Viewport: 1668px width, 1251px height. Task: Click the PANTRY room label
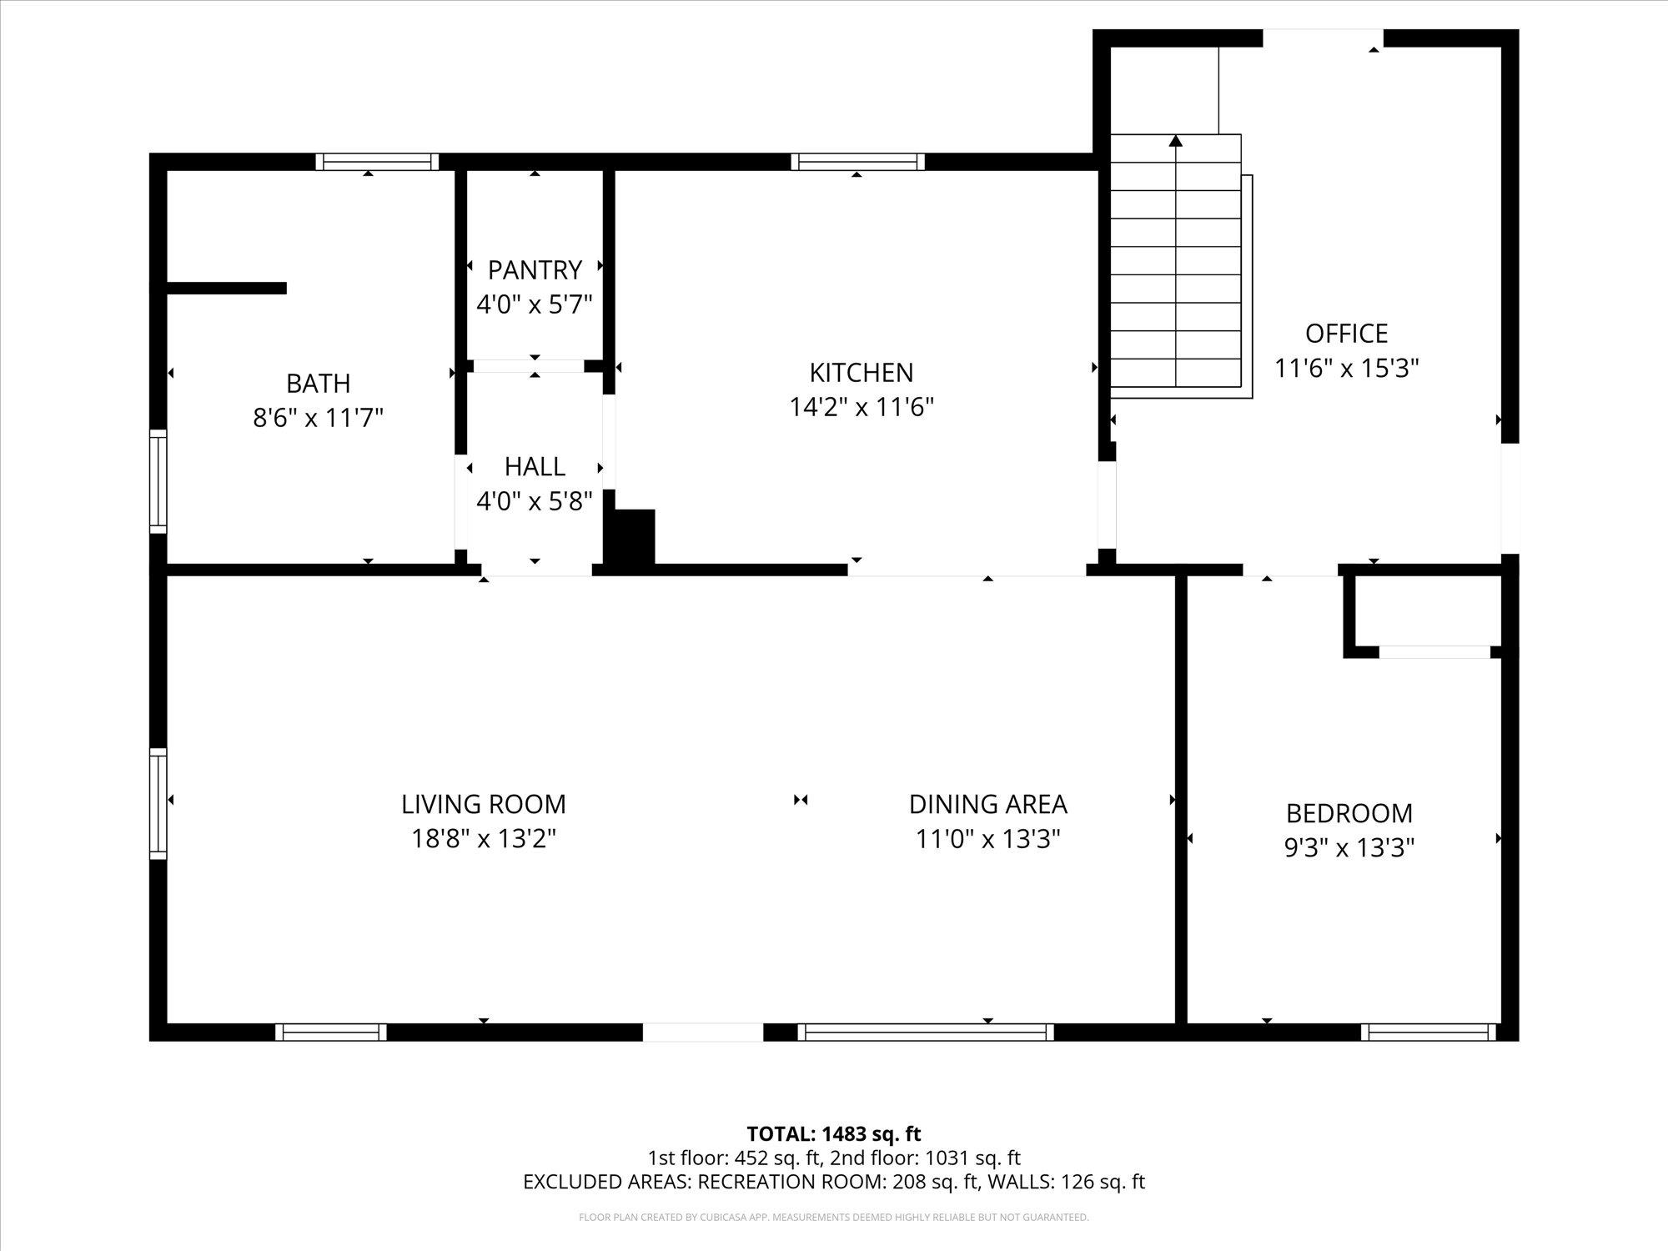[535, 270]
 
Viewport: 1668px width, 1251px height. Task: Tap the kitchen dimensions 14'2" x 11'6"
[862, 407]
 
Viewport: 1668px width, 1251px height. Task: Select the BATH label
[318, 384]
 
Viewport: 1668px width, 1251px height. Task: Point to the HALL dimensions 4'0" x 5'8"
[535, 501]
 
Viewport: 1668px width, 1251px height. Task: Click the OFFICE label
[1346, 334]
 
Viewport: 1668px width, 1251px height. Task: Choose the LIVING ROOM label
[484, 804]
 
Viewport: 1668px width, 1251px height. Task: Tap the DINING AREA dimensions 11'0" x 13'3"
[987, 839]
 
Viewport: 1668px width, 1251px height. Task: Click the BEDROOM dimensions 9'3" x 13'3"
[1349, 848]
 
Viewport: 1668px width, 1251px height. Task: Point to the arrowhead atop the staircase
[1176, 141]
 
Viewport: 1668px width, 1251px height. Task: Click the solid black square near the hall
[630, 538]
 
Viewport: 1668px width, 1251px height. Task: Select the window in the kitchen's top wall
[857, 162]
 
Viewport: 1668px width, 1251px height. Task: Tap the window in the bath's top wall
[377, 162]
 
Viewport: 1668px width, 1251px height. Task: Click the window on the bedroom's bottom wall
[1428, 1032]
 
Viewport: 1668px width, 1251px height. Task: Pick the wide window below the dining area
[925, 1032]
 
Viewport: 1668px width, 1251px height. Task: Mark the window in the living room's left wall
[158, 803]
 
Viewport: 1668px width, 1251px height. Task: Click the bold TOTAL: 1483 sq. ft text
[833, 1134]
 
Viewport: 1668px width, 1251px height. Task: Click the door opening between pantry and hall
[529, 366]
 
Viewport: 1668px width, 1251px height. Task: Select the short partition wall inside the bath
[226, 289]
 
